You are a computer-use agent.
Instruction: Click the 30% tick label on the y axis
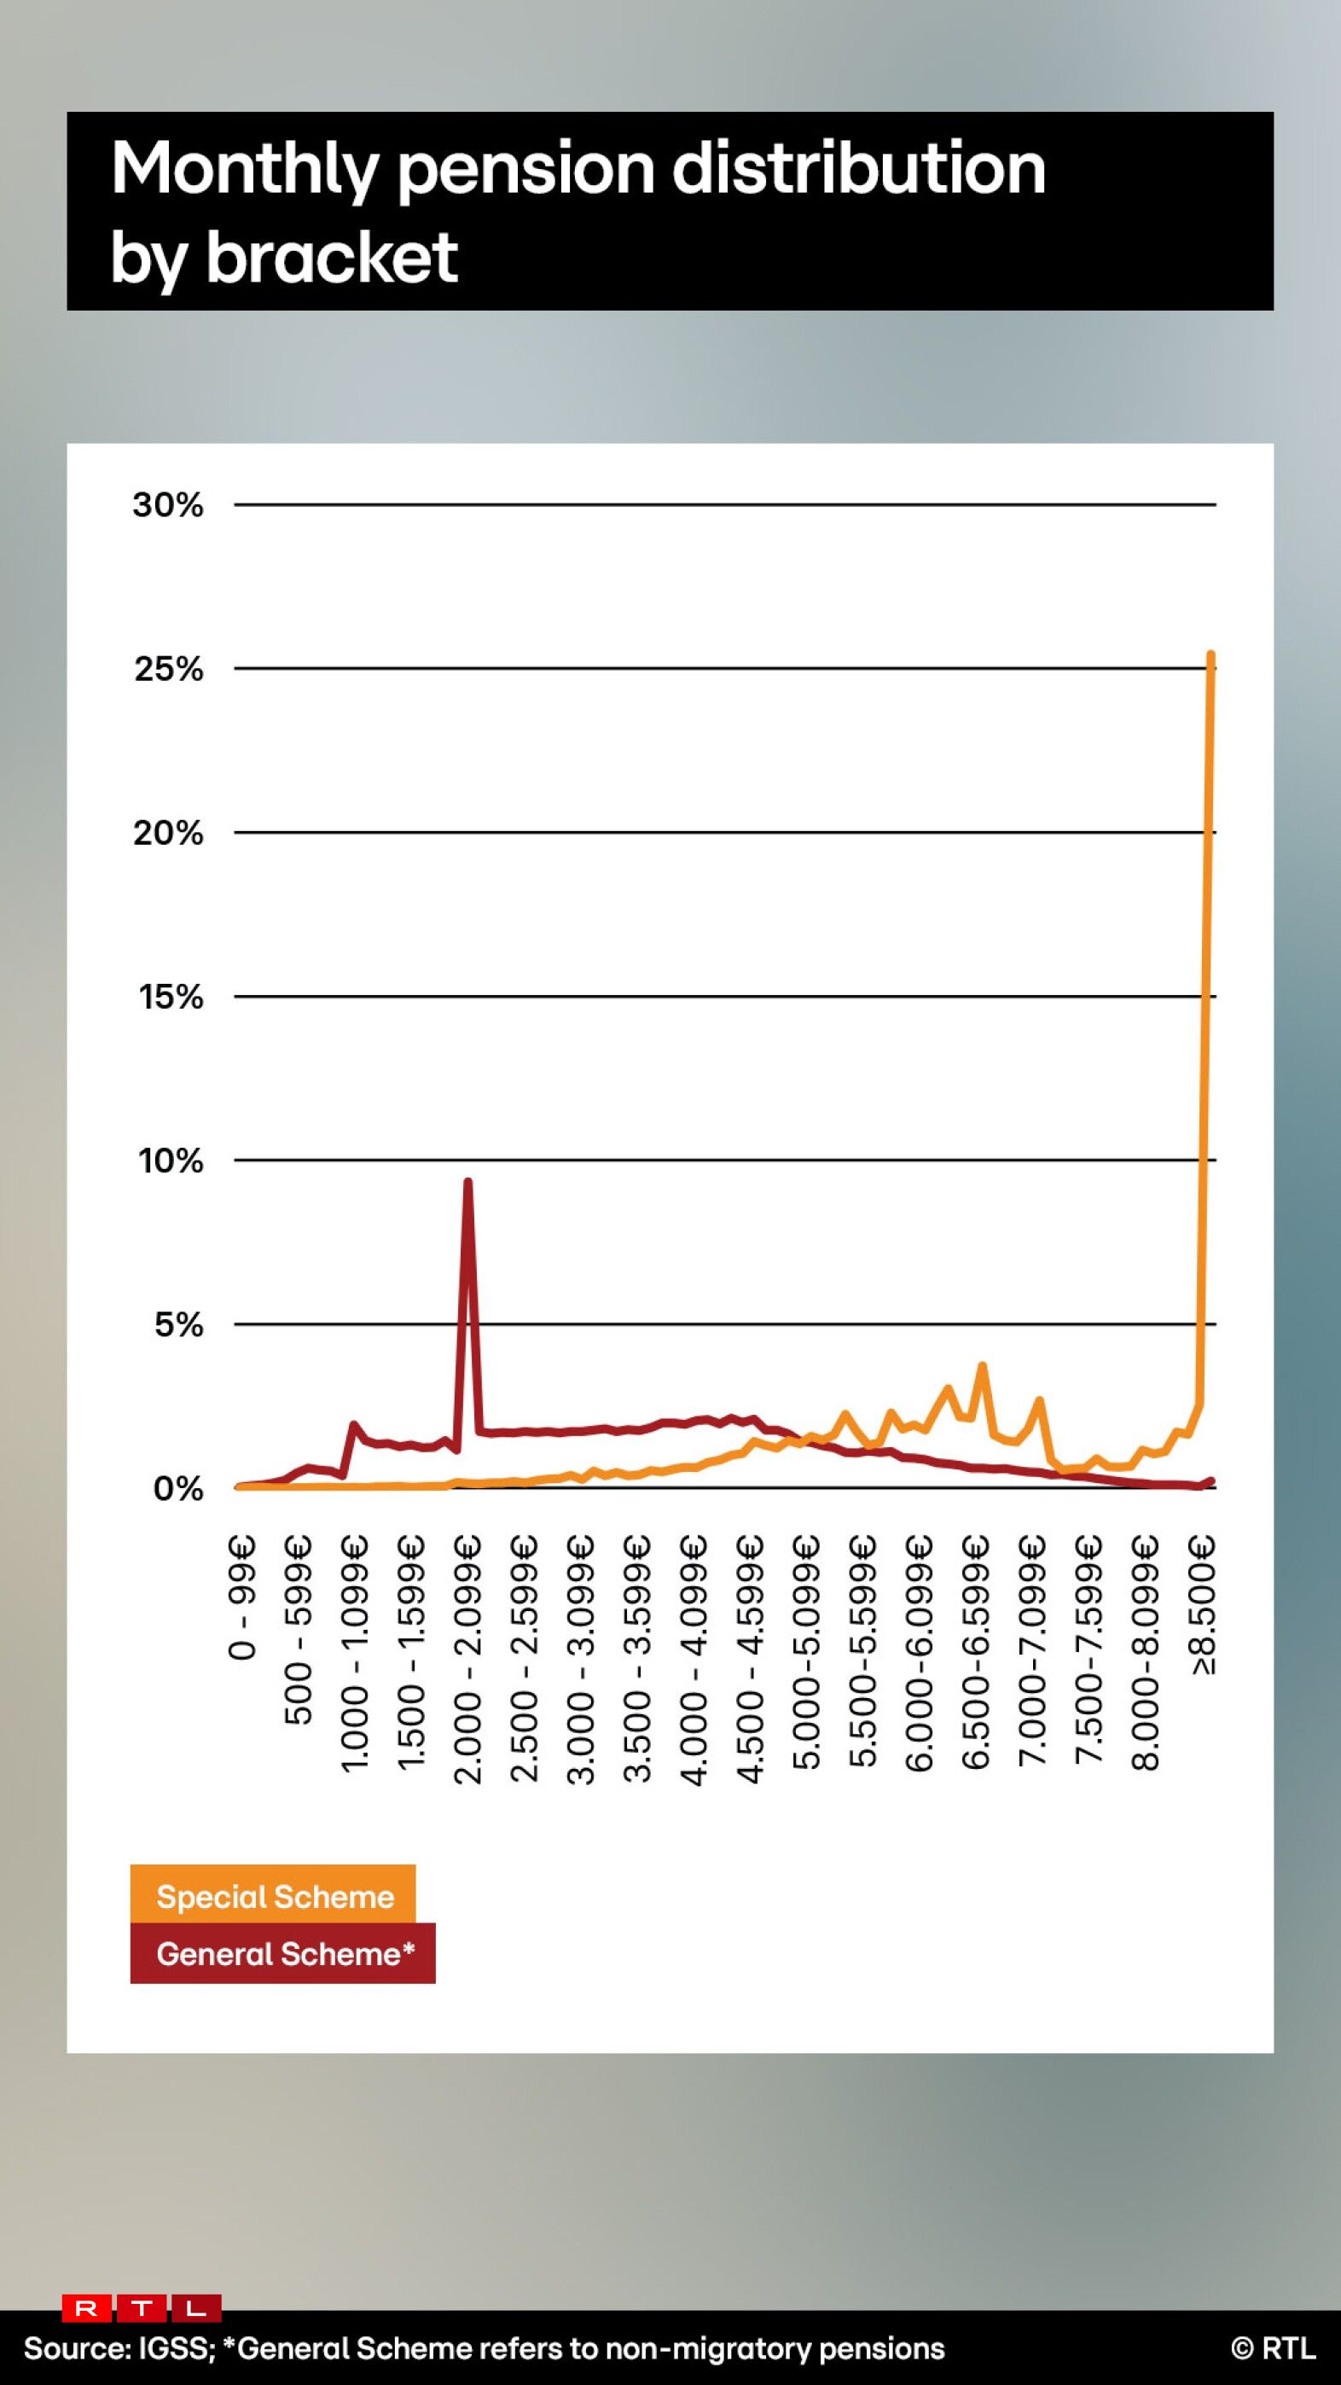167,504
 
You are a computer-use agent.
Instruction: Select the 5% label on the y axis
177,1324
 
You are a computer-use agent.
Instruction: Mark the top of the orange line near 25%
1210,654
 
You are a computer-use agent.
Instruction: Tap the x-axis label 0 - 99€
242,1597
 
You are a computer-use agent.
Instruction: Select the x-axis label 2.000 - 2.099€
468,1659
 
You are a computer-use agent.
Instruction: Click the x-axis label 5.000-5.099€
808,1653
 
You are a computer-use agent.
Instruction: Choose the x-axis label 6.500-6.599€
977,1653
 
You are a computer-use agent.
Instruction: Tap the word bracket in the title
331,257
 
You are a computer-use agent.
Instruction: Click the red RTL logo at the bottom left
142,2308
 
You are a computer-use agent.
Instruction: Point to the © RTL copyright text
1273,2348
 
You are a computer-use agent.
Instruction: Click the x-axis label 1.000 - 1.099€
356,1655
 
